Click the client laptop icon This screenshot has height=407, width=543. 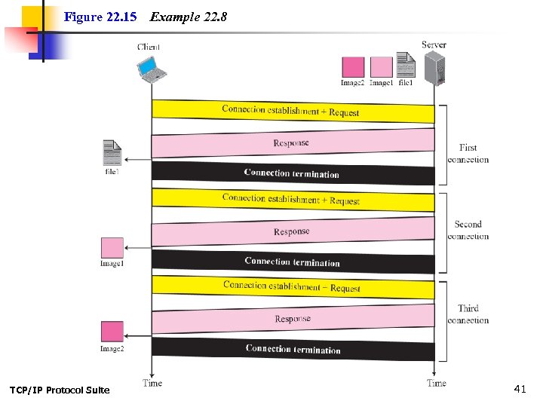(151, 69)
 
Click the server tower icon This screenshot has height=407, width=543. (435, 69)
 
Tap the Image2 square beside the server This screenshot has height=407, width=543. (353, 67)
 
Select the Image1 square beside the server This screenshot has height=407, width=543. (381, 67)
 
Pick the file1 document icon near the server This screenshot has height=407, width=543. (406, 65)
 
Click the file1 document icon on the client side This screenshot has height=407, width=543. (112, 153)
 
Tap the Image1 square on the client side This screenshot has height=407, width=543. (112, 248)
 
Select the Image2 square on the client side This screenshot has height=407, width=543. (112, 332)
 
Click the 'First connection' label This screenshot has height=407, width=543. (468, 154)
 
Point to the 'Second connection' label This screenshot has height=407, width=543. (468, 230)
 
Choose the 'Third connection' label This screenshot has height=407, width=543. (468, 314)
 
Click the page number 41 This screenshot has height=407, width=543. (519, 389)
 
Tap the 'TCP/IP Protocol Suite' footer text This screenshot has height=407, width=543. (60, 390)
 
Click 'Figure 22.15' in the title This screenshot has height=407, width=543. (100, 17)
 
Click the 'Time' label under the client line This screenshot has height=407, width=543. (152, 383)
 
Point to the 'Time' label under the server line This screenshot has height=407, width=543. (436, 383)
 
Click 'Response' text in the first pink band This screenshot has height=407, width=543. (291, 143)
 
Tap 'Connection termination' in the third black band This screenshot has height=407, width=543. (293, 349)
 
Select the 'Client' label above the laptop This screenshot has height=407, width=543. (149, 47)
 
